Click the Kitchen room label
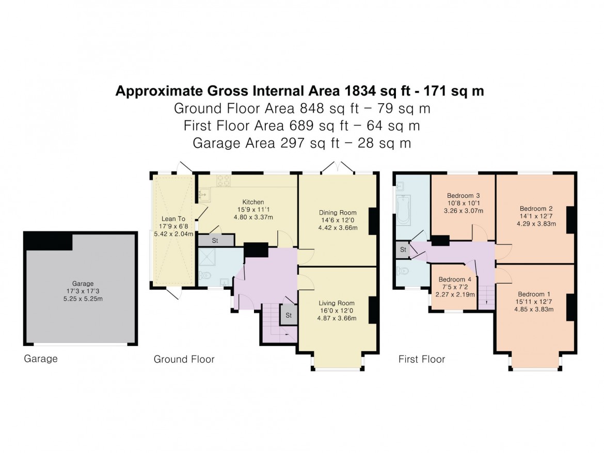point(253,202)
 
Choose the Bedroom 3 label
point(463,196)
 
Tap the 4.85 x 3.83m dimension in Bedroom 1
point(534,309)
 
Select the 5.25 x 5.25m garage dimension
point(83,299)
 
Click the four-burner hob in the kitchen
point(223,180)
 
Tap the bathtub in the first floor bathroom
point(403,209)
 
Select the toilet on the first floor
point(403,271)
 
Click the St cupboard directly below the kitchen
point(215,240)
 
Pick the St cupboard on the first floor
point(403,249)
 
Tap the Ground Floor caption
point(184,359)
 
